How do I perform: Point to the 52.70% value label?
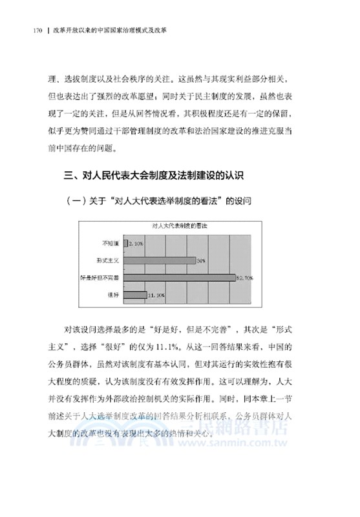pos(246,278)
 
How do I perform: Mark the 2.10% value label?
pos(136,244)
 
